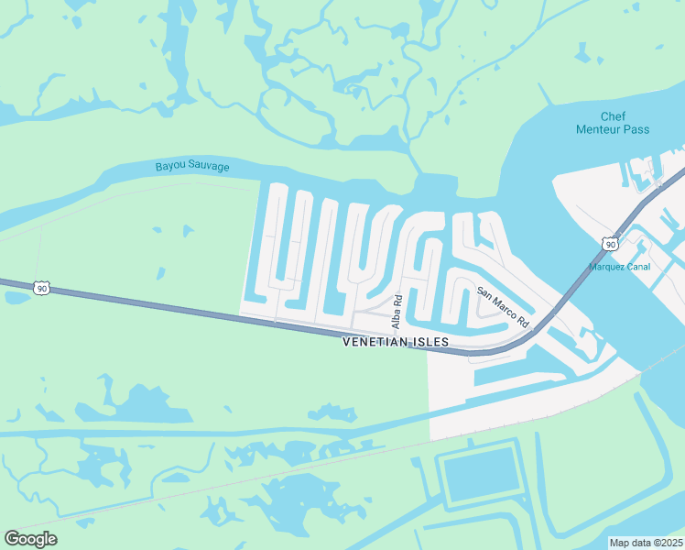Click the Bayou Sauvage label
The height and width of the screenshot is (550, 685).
(192, 167)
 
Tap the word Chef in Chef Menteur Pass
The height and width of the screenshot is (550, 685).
(613, 116)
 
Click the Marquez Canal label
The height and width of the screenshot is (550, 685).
(620, 268)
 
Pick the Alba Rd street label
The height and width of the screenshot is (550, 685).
(397, 313)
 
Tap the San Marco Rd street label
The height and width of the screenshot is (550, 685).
(503, 307)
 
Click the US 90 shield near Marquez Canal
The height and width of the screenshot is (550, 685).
(609, 244)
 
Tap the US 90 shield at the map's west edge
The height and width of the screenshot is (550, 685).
(41, 288)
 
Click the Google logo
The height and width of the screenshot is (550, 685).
(30, 539)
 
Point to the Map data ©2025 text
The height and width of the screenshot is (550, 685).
(646, 543)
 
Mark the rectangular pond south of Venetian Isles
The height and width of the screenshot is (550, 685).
(480, 475)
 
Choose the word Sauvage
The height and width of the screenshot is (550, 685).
(209, 167)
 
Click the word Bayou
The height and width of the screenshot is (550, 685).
(170, 167)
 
